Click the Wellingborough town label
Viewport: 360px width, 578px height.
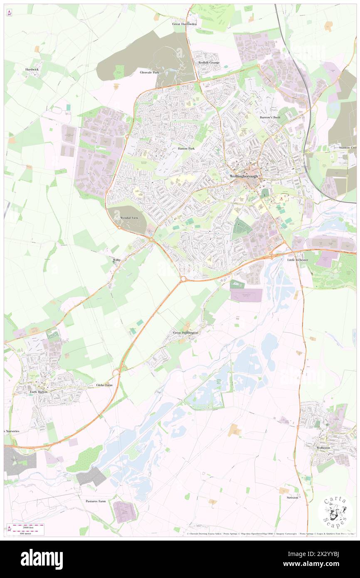click(x=244, y=176)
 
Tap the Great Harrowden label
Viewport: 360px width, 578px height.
click(x=184, y=24)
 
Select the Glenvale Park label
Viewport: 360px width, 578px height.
click(x=149, y=72)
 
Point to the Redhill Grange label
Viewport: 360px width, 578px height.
click(x=209, y=62)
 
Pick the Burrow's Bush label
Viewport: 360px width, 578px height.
click(x=270, y=118)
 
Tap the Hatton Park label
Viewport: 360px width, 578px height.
click(x=183, y=148)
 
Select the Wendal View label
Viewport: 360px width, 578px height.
click(x=128, y=217)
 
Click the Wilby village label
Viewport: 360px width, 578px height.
click(x=117, y=260)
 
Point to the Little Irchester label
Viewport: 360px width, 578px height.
click(x=298, y=260)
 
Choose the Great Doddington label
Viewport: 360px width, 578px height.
click(x=185, y=333)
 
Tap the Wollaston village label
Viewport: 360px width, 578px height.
click(x=323, y=448)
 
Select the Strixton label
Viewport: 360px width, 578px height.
click(x=293, y=497)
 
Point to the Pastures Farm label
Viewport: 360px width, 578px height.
click(x=96, y=501)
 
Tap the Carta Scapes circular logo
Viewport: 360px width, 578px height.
click(x=335, y=513)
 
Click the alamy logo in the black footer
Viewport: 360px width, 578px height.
click(x=42, y=559)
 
